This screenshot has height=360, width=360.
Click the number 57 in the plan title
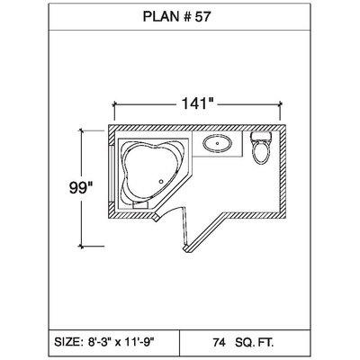(x=202, y=17)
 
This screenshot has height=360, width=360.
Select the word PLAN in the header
(x=160, y=17)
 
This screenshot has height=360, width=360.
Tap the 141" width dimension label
(x=197, y=104)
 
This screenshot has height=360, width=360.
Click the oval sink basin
(x=218, y=143)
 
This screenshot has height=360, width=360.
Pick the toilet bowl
(x=261, y=152)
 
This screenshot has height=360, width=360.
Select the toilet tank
(x=261, y=137)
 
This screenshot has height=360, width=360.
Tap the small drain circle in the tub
(x=161, y=181)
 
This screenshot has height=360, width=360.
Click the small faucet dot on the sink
(x=217, y=143)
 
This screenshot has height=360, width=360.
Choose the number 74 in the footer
(x=219, y=342)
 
